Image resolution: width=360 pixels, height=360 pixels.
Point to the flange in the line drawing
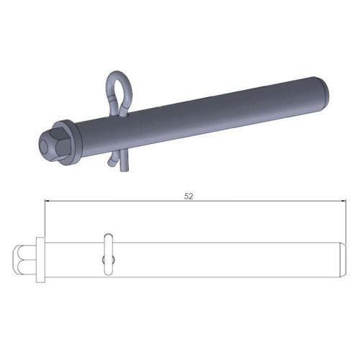click(x=39, y=260)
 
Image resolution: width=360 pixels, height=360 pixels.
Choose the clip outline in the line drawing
click(x=107, y=252)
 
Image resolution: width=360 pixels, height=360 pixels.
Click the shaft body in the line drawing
click(x=216, y=260)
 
